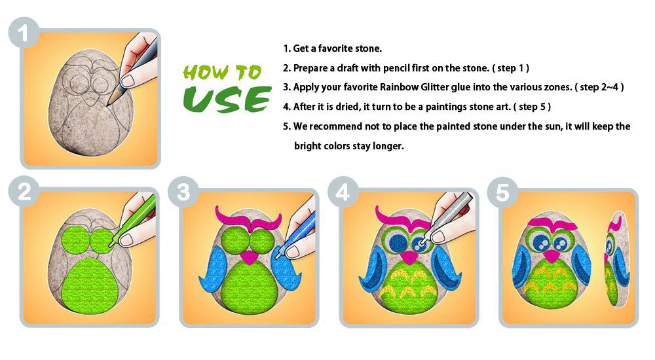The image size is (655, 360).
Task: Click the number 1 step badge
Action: point(24,33)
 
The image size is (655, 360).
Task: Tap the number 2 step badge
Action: point(24,192)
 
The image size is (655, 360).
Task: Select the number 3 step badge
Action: point(183,192)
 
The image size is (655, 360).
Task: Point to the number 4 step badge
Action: point(343,192)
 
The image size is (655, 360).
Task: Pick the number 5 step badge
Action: point(502,192)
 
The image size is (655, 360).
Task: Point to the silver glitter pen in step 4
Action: point(449,217)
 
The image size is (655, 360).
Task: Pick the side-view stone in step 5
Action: point(616,259)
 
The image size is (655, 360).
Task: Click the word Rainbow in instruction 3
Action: point(398,87)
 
